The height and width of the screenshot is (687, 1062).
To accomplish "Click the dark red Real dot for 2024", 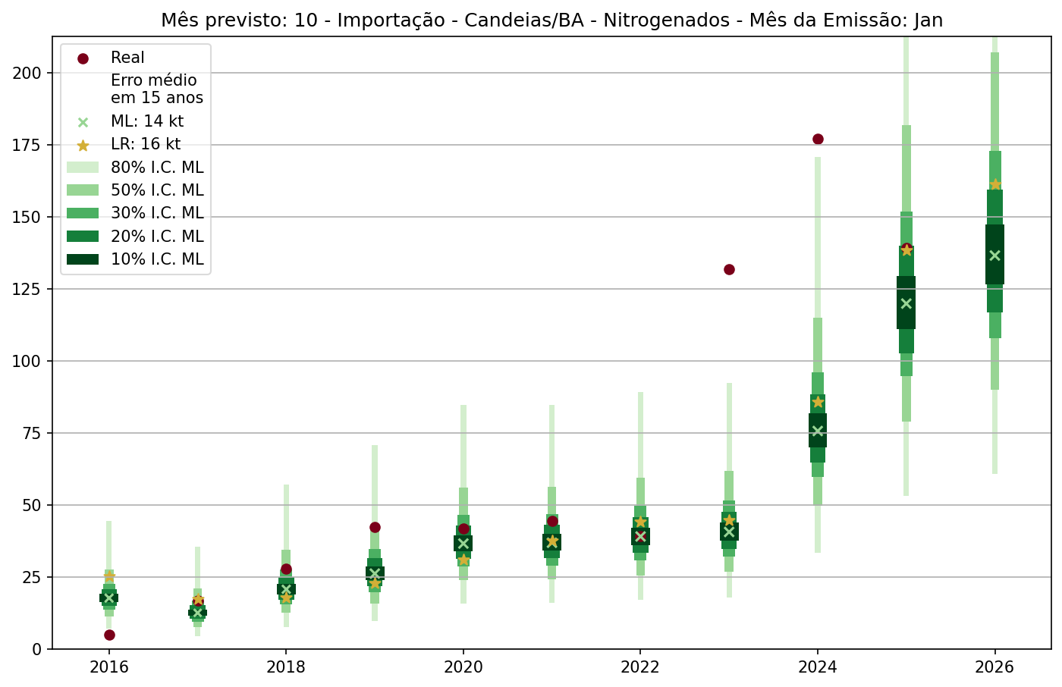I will (818, 139).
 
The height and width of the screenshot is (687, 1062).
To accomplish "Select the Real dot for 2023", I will (729, 269).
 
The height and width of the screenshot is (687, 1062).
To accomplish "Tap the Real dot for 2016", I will (109, 635).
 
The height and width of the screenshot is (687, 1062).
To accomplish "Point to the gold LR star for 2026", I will (995, 184).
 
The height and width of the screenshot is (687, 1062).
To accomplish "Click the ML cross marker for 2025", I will (906, 303).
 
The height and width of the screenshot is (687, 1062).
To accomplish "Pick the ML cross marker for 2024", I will (818, 431).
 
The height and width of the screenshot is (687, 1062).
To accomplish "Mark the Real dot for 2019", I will (375, 527).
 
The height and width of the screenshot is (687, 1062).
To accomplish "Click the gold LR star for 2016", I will (109, 576).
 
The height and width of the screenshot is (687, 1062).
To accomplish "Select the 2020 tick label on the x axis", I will (463, 667).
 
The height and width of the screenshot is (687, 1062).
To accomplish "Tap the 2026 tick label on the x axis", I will (995, 667).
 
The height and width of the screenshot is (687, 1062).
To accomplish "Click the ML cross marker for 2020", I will (463, 543).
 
